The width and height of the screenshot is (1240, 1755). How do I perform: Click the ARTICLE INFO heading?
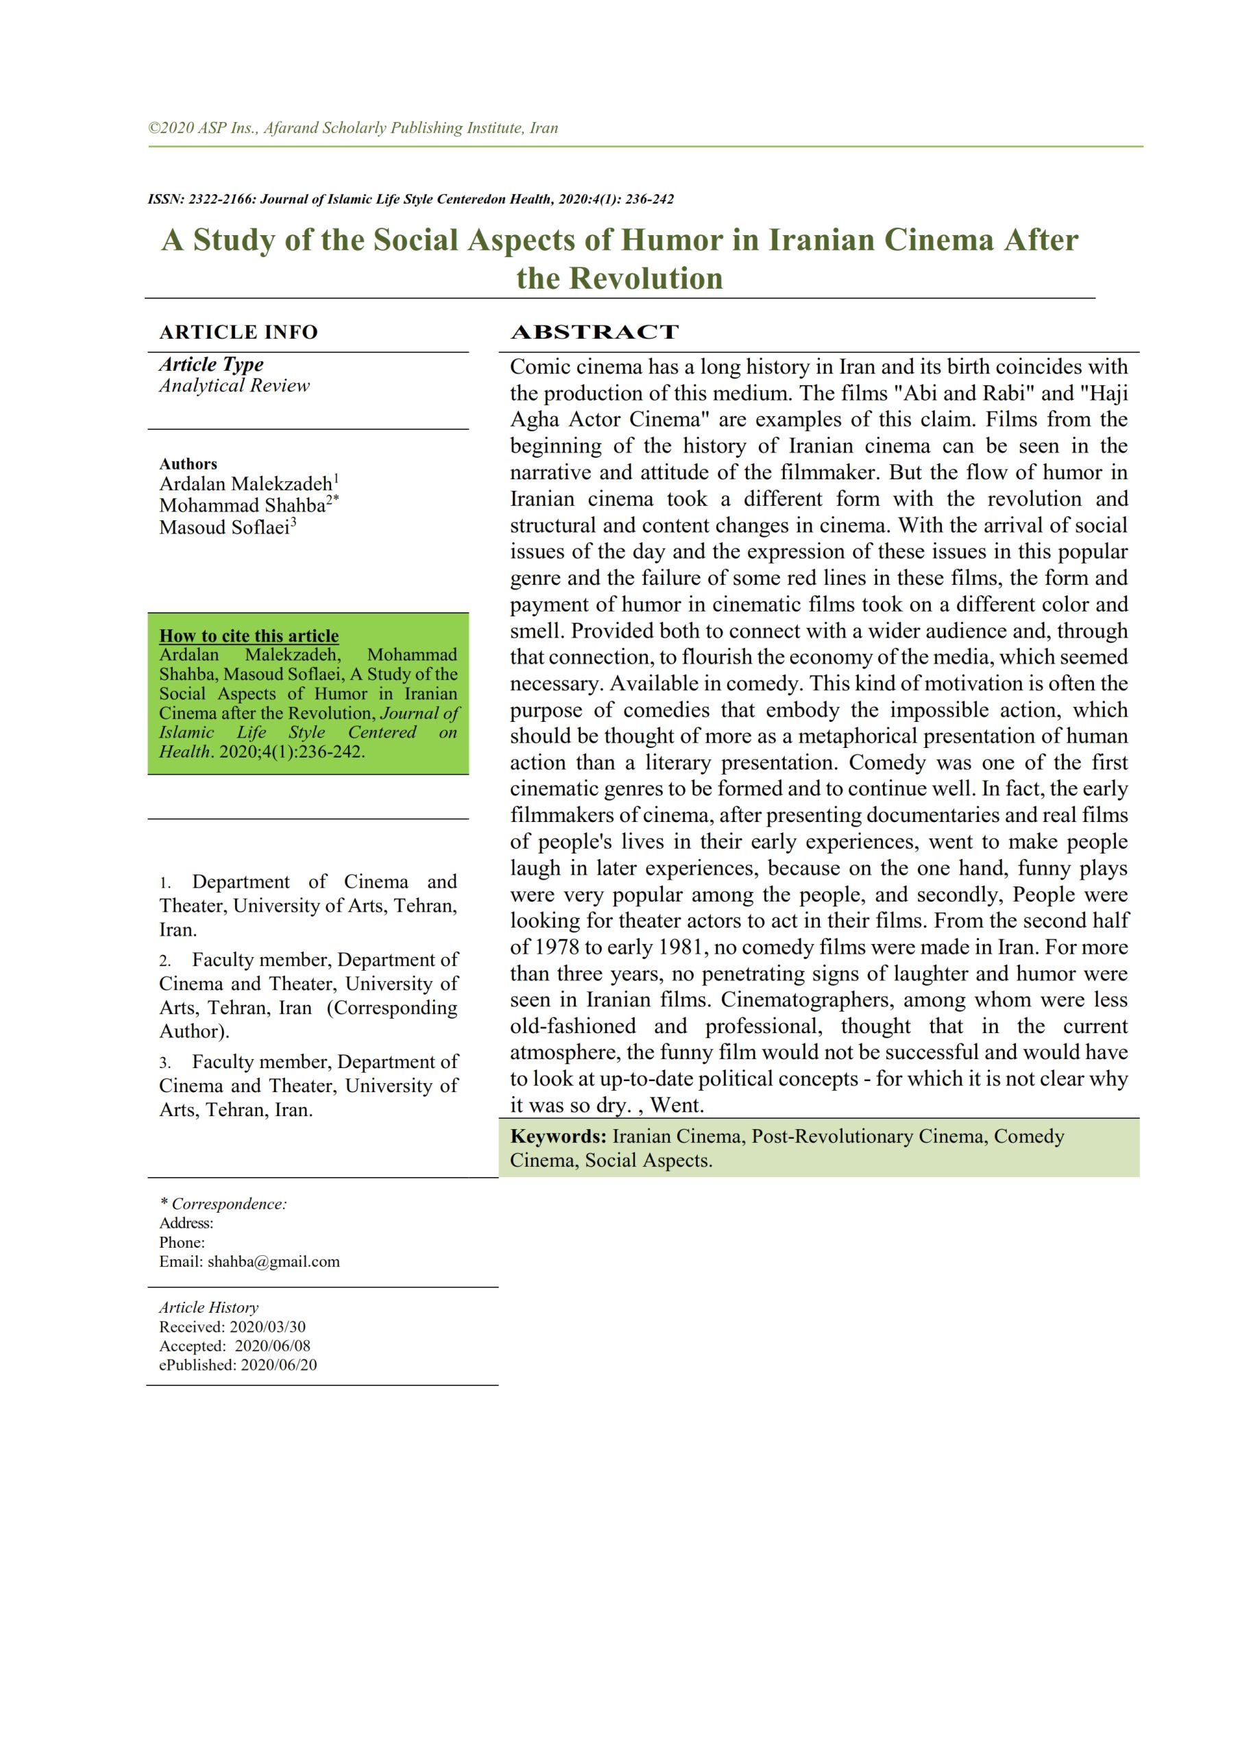238,332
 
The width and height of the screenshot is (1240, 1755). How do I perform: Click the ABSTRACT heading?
594,332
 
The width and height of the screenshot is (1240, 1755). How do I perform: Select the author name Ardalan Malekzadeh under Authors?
245,484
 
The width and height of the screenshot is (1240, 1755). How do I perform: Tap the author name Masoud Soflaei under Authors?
224,527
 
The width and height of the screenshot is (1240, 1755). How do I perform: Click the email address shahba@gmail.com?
273,1261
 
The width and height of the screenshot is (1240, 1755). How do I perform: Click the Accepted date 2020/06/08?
272,1345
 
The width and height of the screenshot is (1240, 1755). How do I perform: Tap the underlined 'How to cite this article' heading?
248,636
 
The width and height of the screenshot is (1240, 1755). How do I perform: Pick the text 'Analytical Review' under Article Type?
234,385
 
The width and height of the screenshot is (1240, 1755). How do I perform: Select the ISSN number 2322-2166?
221,199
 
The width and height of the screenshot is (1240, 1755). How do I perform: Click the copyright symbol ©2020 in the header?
171,128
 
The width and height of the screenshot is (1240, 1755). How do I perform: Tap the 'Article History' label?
208,1307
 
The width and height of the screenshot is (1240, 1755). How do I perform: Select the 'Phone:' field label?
182,1242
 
